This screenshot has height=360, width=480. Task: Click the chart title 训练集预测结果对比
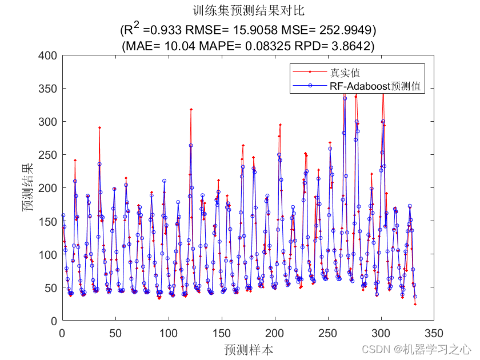click(x=249, y=10)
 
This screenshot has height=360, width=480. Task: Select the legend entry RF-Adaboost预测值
click(x=375, y=86)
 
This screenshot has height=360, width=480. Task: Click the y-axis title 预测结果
click(x=28, y=187)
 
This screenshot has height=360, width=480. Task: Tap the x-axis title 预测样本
click(x=249, y=349)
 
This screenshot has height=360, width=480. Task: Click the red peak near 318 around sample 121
click(x=191, y=109)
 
